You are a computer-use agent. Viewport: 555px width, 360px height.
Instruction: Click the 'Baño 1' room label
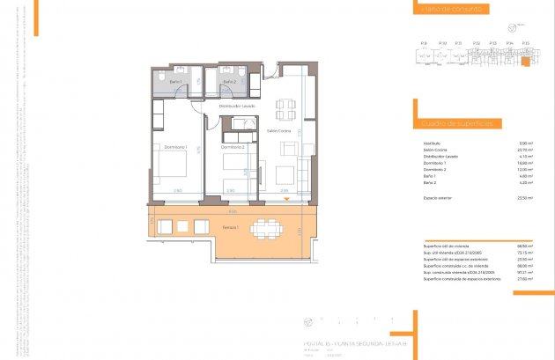[x=175, y=82]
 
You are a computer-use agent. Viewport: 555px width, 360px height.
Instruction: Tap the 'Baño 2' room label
[x=229, y=82]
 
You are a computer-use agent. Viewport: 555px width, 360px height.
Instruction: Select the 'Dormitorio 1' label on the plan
[x=175, y=146]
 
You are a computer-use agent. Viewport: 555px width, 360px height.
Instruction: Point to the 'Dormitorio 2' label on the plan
[x=232, y=146]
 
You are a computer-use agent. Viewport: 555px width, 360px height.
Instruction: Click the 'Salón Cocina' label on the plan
[x=279, y=131]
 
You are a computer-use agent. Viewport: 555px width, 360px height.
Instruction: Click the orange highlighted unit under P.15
[x=524, y=61]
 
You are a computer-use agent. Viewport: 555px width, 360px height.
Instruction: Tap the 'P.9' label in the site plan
[x=424, y=42]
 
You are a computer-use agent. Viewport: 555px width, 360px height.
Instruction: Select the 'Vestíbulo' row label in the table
[x=431, y=143]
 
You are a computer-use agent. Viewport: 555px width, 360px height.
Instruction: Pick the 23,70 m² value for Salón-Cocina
[x=525, y=150]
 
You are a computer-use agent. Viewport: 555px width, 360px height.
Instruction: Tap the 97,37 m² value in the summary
[x=524, y=272]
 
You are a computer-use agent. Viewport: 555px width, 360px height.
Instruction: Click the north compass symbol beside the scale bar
[x=308, y=321]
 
